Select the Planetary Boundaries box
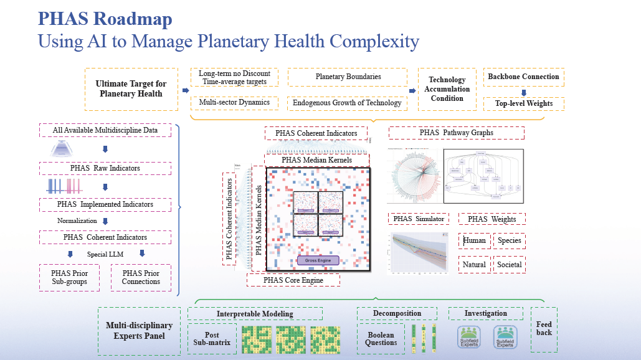[348, 77]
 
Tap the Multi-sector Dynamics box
[229, 102]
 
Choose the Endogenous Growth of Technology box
[348, 103]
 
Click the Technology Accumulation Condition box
[447, 89]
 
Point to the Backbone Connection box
[523, 77]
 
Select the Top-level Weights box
[523, 103]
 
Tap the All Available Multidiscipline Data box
[105, 130]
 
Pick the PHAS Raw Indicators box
[105, 168]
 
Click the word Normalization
[77, 220]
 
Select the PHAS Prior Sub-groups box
[70, 277]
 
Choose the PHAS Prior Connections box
[141, 277]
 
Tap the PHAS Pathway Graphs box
[456, 133]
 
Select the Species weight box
[509, 240]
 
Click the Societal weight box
[509, 265]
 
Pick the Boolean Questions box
[381, 339]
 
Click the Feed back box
[544, 328]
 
